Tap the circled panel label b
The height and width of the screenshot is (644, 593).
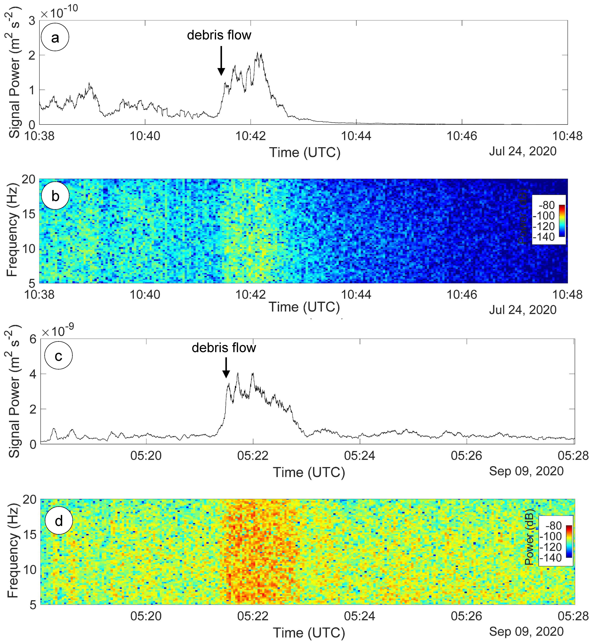coord(55,196)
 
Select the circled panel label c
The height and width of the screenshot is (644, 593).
coord(58,356)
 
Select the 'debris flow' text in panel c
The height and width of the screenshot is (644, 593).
coord(224,348)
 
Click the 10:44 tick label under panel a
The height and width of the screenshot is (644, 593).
coord(356,136)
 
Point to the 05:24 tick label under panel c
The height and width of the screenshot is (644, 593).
coord(360,456)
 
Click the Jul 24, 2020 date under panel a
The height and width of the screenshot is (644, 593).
coord(523,151)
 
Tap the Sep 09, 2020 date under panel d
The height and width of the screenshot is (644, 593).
coord(526,631)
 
